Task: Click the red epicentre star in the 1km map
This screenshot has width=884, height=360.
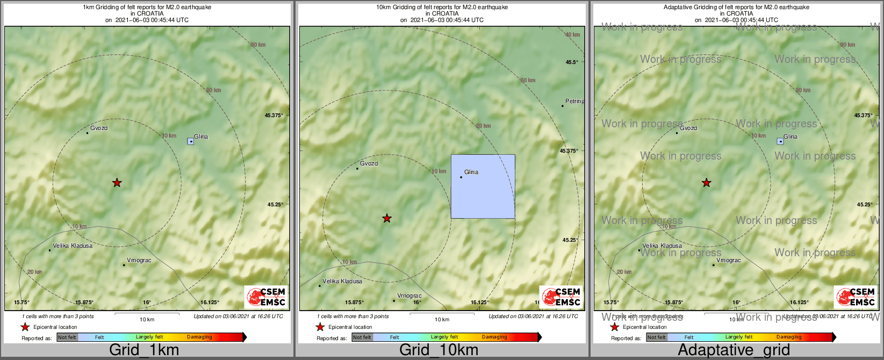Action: (117, 183)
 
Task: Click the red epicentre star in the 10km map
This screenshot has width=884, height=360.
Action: (387, 218)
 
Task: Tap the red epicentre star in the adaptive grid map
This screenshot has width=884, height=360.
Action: (706, 183)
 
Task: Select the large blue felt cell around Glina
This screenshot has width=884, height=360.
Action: (483, 186)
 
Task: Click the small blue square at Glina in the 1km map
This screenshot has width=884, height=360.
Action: (191, 141)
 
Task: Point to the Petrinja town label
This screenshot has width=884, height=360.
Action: (574, 101)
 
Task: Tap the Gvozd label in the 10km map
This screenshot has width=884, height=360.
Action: (369, 163)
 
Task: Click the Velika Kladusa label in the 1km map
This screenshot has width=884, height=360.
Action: (72, 246)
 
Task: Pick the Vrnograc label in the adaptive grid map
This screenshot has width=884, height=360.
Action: (729, 260)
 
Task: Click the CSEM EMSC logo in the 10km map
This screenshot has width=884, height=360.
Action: (561, 297)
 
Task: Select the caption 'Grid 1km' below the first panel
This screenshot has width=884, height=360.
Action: (143, 350)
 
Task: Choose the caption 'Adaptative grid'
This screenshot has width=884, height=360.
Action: (734, 350)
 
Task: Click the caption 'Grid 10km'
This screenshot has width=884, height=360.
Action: (439, 350)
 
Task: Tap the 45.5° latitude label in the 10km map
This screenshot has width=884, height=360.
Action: (572, 62)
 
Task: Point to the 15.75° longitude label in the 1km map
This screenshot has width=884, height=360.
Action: (21, 302)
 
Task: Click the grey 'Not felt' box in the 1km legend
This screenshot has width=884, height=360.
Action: (67, 337)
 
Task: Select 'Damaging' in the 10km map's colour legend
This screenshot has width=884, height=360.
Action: (494, 337)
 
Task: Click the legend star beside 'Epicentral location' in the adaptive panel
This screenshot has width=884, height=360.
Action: (615, 327)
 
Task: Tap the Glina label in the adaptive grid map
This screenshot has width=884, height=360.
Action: (790, 136)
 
